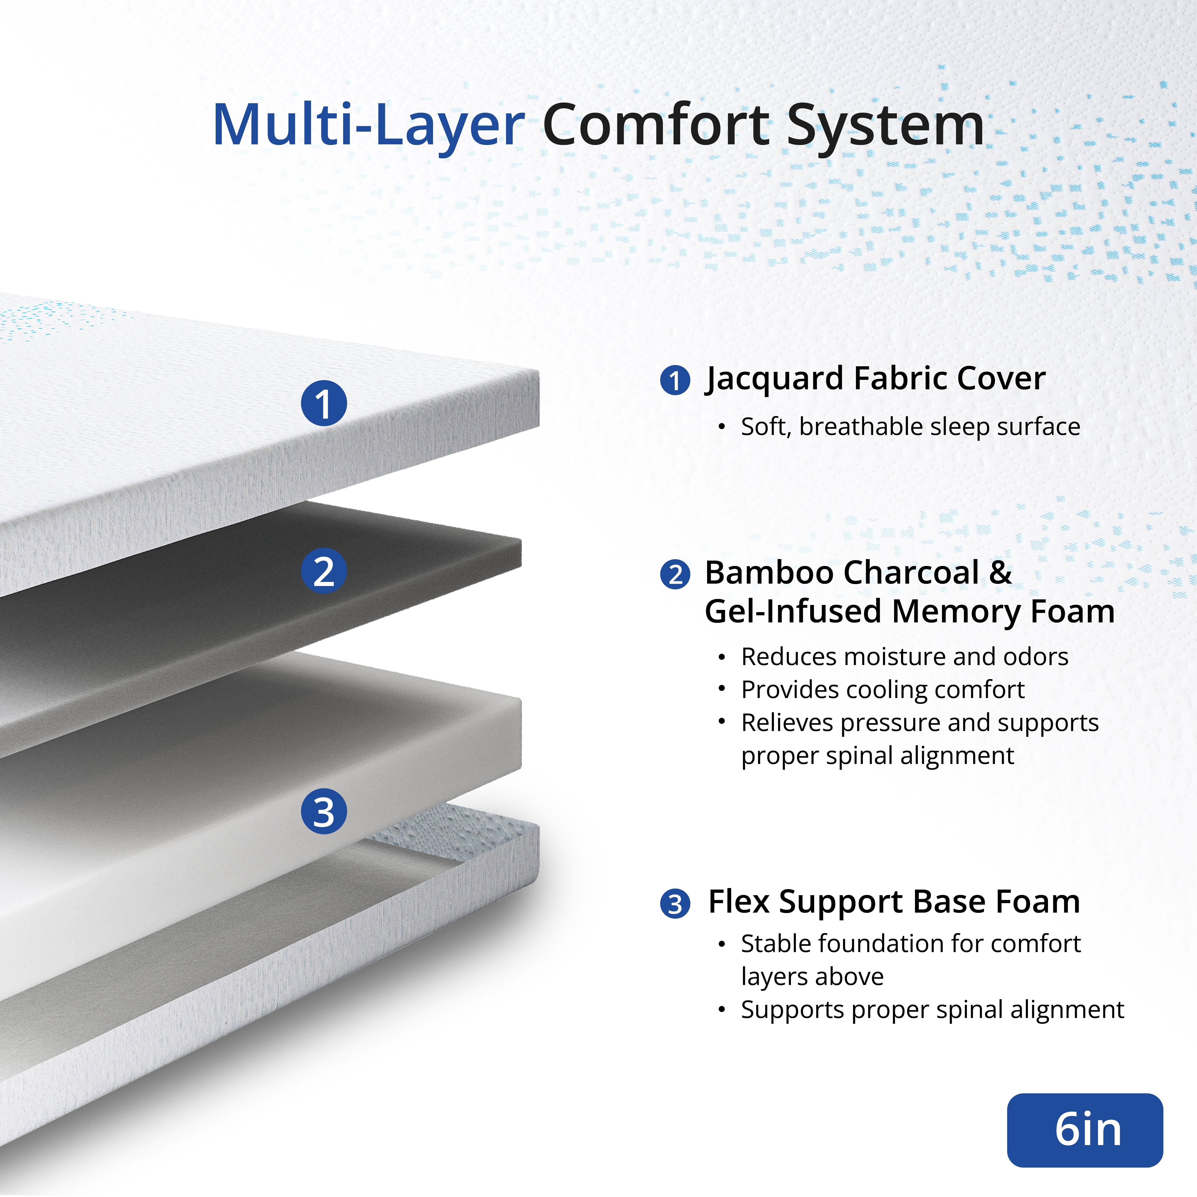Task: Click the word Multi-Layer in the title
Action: (369, 126)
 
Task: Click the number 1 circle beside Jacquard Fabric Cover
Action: (675, 380)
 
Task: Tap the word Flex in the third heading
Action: (739, 901)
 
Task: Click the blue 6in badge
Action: (1085, 1130)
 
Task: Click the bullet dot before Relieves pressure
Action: (722, 722)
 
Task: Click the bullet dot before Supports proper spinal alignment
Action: (722, 1010)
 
